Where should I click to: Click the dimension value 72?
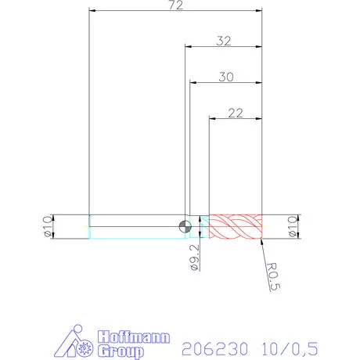coord(176,5)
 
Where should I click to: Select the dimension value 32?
coord(223,41)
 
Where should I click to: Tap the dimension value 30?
coord(225,77)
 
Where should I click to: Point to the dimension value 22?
coord(235,113)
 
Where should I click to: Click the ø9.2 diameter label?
coord(195,257)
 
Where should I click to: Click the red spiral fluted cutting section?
coord(235,226)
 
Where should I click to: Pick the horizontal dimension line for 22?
coord(235,119)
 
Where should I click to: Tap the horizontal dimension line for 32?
coord(223,48)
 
